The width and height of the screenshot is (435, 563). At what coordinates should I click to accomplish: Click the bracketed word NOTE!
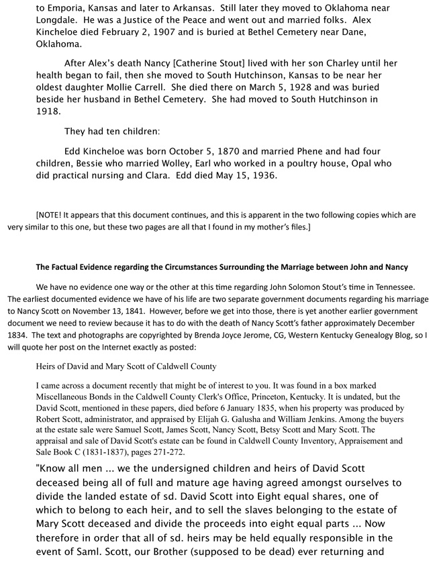point(52,215)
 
